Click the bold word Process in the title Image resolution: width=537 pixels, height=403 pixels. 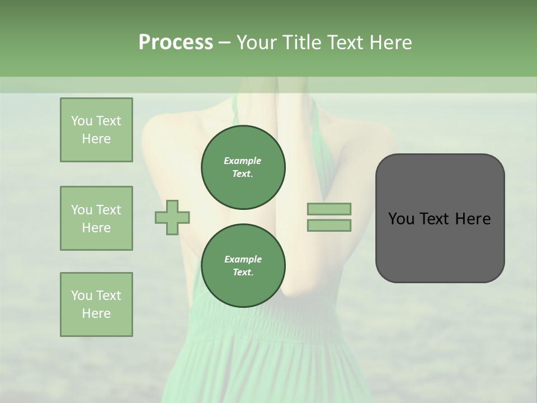[176, 43]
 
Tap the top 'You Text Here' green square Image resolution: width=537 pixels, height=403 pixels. [96, 130]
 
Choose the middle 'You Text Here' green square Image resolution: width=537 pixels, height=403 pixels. [96, 218]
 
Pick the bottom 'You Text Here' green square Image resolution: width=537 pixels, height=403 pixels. [96, 304]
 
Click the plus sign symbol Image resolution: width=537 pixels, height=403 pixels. [172, 218]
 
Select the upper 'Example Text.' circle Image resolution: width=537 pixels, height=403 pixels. [243, 167]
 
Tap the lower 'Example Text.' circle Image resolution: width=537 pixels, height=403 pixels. [243, 266]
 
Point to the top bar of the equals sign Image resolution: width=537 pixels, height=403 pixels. [329, 209]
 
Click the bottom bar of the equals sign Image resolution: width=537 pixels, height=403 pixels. [329, 226]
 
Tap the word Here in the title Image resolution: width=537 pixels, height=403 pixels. [390, 43]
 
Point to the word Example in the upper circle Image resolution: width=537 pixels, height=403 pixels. [243, 161]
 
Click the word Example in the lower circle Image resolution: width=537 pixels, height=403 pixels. [243, 260]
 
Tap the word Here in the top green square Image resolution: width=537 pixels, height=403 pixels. [96, 139]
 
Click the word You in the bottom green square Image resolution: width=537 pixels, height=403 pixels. [82, 296]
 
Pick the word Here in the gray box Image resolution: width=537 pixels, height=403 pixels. [473, 219]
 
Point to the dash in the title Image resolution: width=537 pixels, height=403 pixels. [225, 43]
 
